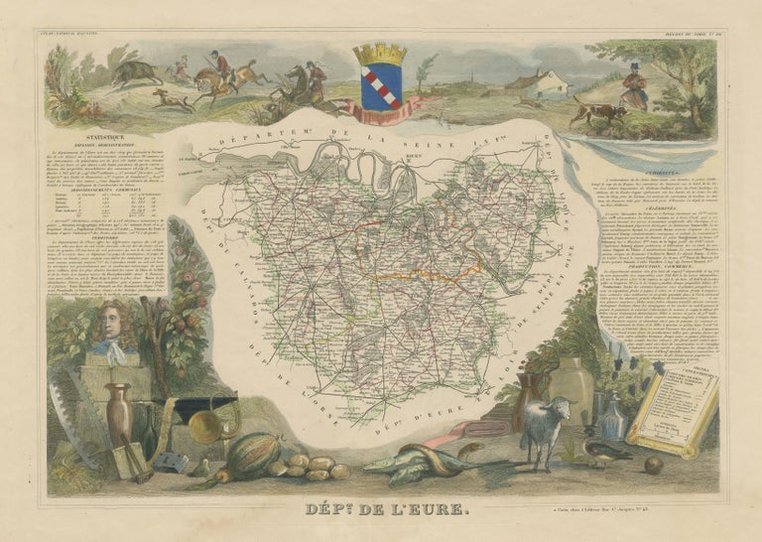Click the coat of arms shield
click(379, 87)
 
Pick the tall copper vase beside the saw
click(119, 417)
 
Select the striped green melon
click(254, 457)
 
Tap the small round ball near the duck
click(654, 464)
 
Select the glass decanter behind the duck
click(614, 417)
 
